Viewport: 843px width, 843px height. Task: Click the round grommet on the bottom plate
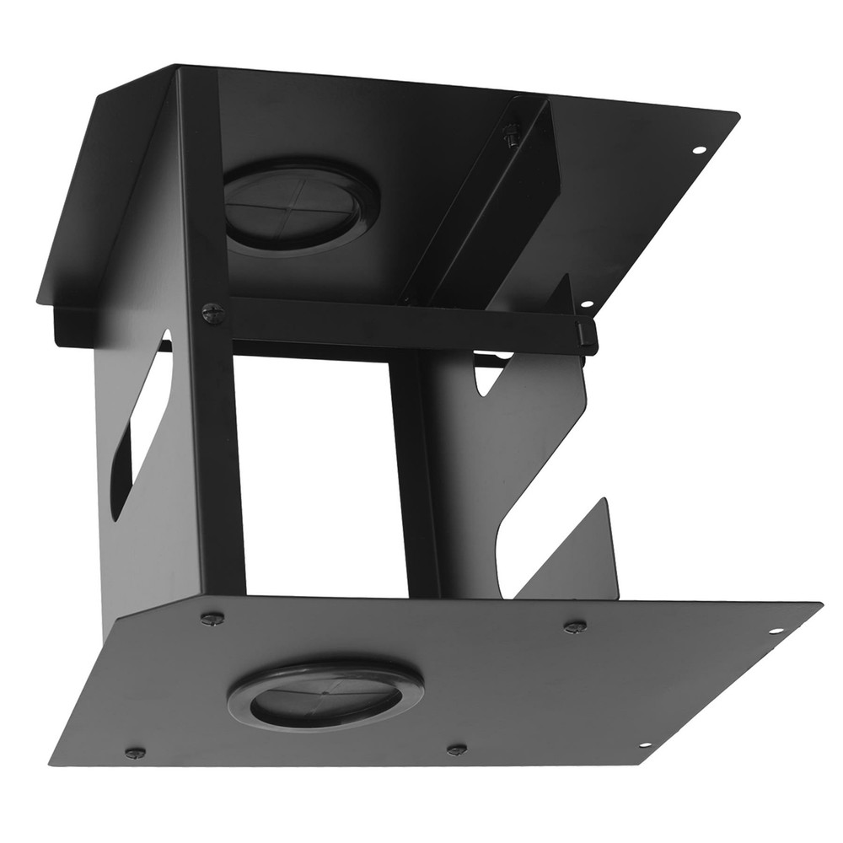point(325,696)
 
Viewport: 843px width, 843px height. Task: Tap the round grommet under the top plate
point(299,207)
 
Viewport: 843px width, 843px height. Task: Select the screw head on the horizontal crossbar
point(213,314)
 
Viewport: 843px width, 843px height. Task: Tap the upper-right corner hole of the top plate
point(698,150)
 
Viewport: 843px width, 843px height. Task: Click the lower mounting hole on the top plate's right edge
point(587,304)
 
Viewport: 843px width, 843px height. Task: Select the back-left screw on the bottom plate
point(212,618)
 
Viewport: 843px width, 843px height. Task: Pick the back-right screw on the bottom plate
point(575,626)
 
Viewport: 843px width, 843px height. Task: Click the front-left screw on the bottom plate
point(134,752)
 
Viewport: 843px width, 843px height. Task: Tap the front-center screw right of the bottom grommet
point(457,749)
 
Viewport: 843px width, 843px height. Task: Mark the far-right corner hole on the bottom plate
point(777,629)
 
